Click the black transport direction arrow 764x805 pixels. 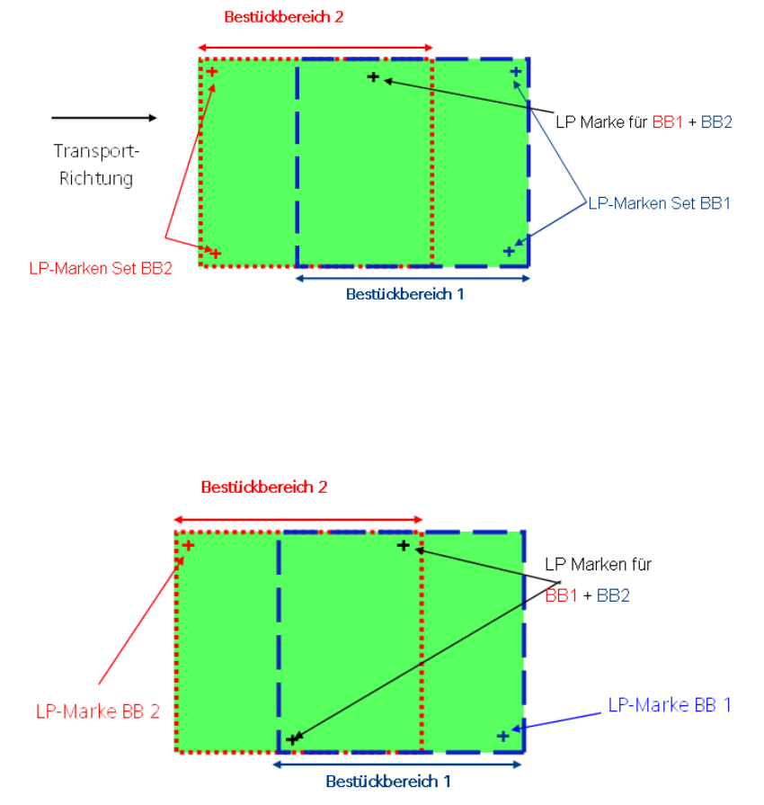click(103, 118)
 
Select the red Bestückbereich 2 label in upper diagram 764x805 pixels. click(283, 17)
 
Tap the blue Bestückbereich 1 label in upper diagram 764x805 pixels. click(405, 293)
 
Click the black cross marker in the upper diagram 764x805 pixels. click(373, 77)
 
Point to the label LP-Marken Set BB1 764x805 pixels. click(659, 203)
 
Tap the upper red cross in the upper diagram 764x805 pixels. click(212, 71)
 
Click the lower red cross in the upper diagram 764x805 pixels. click(215, 254)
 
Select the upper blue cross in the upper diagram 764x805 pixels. click(515, 71)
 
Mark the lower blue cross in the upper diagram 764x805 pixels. click(509, 251)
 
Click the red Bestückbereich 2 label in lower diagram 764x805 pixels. click(264, 487)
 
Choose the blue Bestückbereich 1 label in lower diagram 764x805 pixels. click(388, 782)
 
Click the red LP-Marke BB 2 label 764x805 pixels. click(98, 711)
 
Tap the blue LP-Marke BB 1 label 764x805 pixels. click(670, 705)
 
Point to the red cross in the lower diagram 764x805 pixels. click(188, 545)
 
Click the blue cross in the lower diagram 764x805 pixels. click(503, 737)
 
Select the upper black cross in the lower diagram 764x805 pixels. click(404, 545)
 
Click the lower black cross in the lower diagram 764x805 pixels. click(291, 739)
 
